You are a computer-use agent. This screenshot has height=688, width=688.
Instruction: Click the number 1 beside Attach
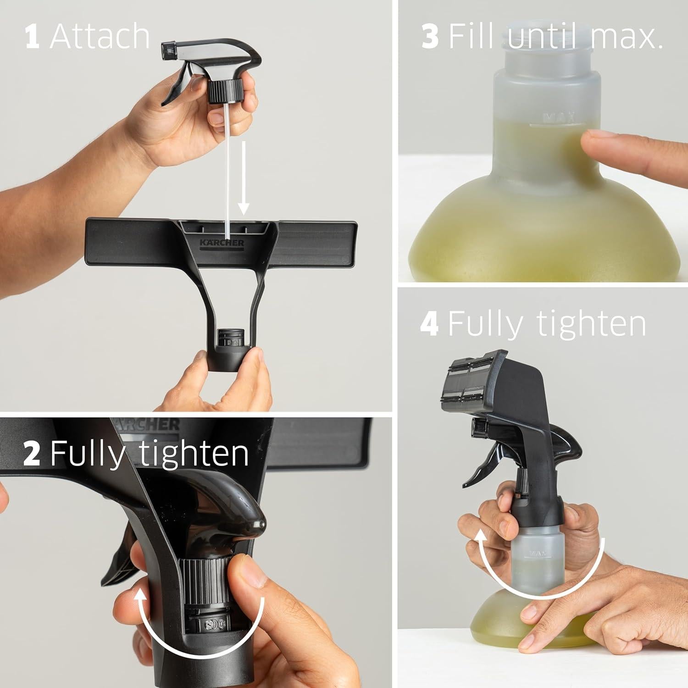[32, 37]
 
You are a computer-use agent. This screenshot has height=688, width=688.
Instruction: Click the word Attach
[100, 37]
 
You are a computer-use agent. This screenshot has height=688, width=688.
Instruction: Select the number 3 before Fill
[430, 37]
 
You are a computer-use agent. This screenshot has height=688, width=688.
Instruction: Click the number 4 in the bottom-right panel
[429, 324]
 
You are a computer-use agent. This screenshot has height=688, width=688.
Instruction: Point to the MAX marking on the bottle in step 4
[537, 554]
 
